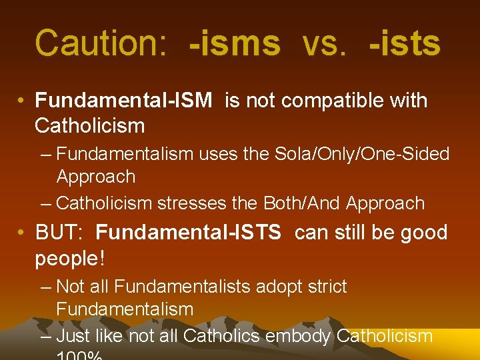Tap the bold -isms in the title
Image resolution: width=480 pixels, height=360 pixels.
(x=235, y=43)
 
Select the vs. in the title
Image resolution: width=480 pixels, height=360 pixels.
(x=325, y=43)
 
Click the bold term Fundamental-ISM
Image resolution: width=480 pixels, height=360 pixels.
(x=124, y=101)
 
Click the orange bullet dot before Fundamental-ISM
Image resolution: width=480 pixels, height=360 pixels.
(x=23, y=101)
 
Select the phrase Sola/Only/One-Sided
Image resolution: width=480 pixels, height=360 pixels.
(x=359, y=154)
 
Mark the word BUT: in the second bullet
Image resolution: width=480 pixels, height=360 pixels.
(x=59, y=233)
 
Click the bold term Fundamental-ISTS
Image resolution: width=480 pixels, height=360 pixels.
(x=189, y=233)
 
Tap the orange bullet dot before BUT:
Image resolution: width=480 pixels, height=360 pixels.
(x=23, y=233)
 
